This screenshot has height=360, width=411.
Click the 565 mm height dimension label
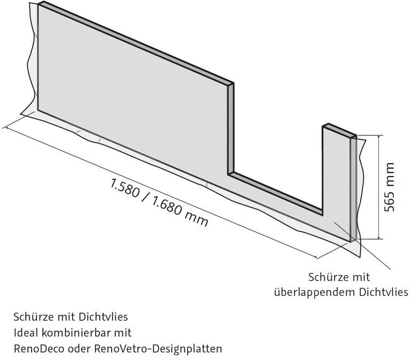click(390, 187)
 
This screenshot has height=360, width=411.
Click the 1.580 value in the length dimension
click(125, 188)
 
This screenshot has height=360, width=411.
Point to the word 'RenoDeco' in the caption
click(39, 349)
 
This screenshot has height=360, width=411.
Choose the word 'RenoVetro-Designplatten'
click(158, 349)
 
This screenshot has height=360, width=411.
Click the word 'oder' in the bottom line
click(79, 349)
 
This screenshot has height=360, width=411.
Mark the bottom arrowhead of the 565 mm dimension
click(379, 238)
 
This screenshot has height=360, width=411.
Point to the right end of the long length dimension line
click(316, 258)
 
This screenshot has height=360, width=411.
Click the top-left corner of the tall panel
click(38, 4)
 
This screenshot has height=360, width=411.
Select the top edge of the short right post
click(339, 130)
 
